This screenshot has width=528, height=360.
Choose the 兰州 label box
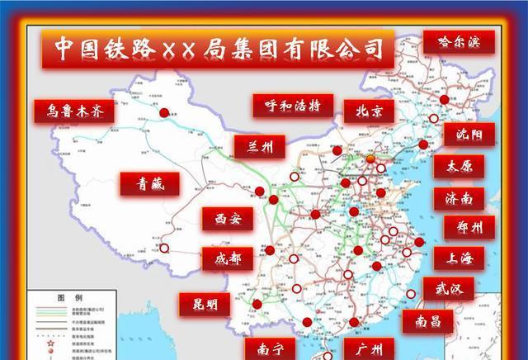coord(259,146)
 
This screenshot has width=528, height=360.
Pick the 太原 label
coord(459,166)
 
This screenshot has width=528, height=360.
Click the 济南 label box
coord(458,198)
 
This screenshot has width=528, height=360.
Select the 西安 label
coord(229,219)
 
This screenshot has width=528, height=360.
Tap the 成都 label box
coord(228,258)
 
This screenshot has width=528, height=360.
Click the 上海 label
coord(459,258)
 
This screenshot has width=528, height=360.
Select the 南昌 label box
coord(427,320)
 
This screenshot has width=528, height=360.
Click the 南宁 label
coord(276,348)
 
